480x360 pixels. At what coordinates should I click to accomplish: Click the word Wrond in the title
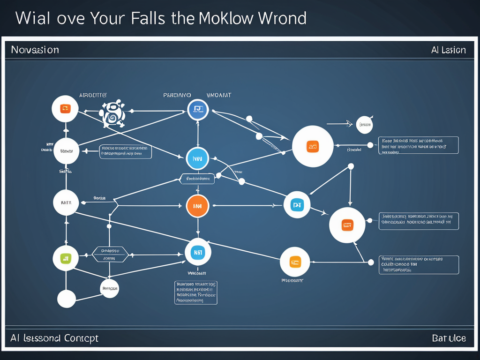point(283,18)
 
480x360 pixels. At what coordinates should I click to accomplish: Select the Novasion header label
point(35,50)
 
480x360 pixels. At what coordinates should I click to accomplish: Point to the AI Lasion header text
point(448,50)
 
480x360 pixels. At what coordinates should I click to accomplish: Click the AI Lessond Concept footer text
point(54,338)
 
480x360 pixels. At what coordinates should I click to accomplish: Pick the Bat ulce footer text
point(449,338)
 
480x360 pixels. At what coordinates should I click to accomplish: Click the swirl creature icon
point(112,113)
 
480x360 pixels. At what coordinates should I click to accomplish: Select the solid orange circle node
point(197,205)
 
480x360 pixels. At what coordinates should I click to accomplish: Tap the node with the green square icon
point(66,257)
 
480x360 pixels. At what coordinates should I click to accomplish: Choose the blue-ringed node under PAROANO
point(198,110)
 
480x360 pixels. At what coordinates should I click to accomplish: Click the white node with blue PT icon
point(297,205)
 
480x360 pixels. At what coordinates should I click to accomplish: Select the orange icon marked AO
point(313,146)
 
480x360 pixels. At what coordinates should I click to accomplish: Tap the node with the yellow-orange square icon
point(295,262)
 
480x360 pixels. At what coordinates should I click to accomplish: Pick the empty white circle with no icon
point(66,299)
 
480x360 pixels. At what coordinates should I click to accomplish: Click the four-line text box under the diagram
point(196,292)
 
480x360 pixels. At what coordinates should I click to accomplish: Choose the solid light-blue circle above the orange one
point(197,159)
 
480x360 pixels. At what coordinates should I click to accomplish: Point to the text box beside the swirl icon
point(126,152)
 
